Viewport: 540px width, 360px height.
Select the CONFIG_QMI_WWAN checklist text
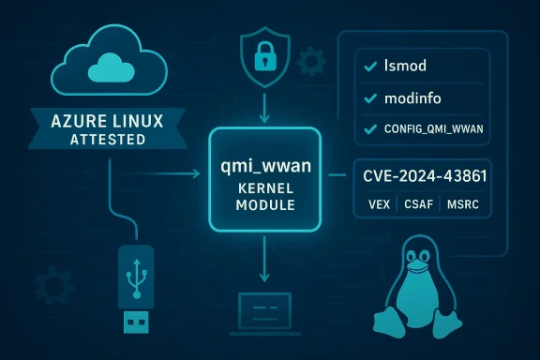click(435, 128)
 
